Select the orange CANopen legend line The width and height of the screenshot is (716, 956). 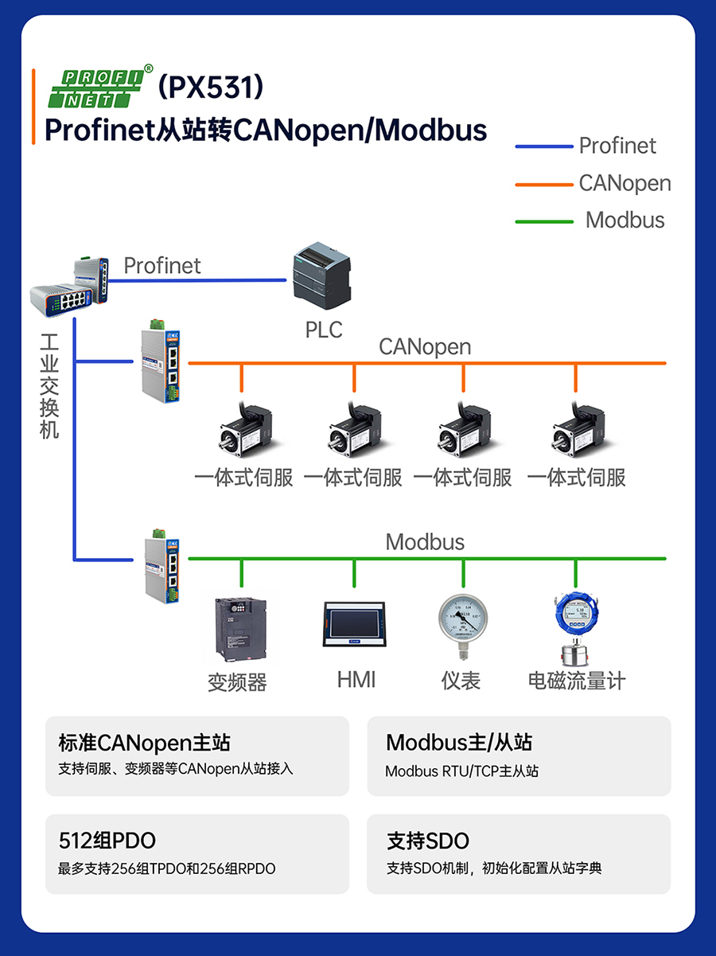point(544,184)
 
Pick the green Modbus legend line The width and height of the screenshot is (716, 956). point(544,220)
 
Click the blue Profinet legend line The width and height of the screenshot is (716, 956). point(544,146)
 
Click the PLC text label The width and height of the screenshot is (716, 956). point(324,330)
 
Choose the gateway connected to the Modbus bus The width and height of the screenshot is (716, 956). point(164,565)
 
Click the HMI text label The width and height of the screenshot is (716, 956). point(356,680)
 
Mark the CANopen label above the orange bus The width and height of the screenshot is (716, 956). point(425,347)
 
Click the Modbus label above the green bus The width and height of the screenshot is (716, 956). point(425,543)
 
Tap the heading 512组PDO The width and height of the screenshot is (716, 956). point(107,841)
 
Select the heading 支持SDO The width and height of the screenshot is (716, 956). point(428,841)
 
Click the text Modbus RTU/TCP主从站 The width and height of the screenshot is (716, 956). point(461,771)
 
